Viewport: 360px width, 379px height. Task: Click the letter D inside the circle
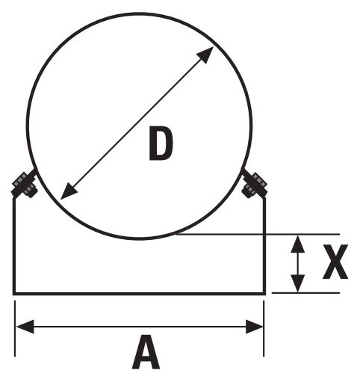[161, 144]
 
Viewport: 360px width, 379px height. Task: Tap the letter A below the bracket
[146, 351]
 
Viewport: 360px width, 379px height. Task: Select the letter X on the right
[335, 262]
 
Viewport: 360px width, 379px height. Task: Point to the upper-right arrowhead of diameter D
[205, 55]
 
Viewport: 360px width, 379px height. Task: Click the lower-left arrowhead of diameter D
[69, 191]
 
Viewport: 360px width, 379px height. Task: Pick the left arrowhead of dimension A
[25, 327]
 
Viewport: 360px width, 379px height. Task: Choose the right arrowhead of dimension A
[255, 327]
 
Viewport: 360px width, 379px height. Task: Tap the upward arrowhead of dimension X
[298, 244]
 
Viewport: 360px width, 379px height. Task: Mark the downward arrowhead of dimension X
[298, 283]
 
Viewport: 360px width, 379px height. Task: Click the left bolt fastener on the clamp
[25, 185]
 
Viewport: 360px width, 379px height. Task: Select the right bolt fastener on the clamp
[255, 185]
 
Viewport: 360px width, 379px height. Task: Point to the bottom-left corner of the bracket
[14, 294]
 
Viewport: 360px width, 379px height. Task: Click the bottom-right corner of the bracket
[264, 294]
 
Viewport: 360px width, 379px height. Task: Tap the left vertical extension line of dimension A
[15, 329]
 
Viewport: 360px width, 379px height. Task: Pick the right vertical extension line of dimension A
[264, 329]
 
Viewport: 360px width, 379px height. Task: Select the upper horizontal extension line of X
[258, 234]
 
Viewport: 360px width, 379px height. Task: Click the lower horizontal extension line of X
[305, 293]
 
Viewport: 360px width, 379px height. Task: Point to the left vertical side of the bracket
[14, 245]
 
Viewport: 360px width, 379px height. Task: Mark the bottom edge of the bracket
[139, 294]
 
